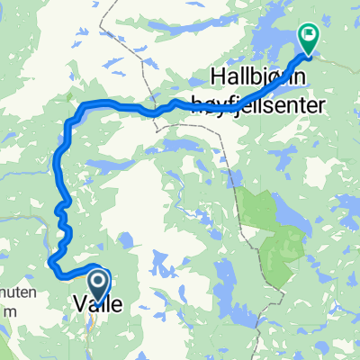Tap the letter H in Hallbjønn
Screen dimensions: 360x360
coord(217,75)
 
